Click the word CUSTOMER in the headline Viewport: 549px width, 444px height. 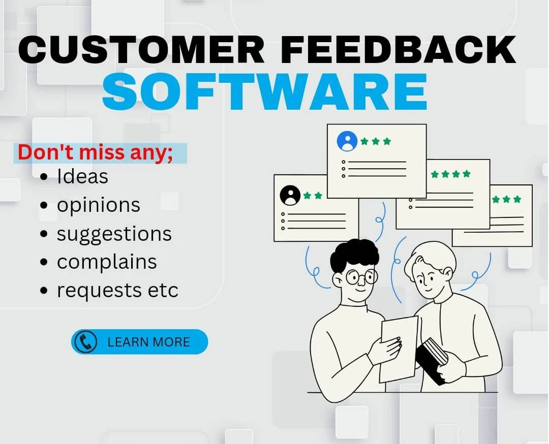pyautogui.click(x=141, y=49)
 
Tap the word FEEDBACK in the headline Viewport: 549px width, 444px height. pyautogui.click(x=399, y=49)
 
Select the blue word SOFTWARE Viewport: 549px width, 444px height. pyautogui.click(x=265, y=91)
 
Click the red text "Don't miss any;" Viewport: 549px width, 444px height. pyautogui.click(x=95, y=153)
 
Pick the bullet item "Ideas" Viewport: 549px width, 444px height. pyautogui.click(x=83, y=176)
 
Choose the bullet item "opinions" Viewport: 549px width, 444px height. pyautogui.click(x=99, y=205)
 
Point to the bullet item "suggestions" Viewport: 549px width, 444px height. pyautogui.click(x=114, y=234)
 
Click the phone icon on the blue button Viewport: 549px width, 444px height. pyautogui.click(x=85, y=342)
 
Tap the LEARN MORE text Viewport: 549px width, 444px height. pyautogui.click(x=148, y=342)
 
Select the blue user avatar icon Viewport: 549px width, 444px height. pyautogui.click(x=347, y=141)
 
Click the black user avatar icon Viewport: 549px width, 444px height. pyautogui.click(x=290, y=195)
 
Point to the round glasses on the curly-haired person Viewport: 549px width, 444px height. pyautogui.click(x=361, y=277)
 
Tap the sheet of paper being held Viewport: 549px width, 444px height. pyautogui.click(x=398, y=350)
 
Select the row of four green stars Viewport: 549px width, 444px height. pyautogui.click(x=450, y=174)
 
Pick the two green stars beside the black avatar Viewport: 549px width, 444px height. pyautogui.click(x=312, y=195)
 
